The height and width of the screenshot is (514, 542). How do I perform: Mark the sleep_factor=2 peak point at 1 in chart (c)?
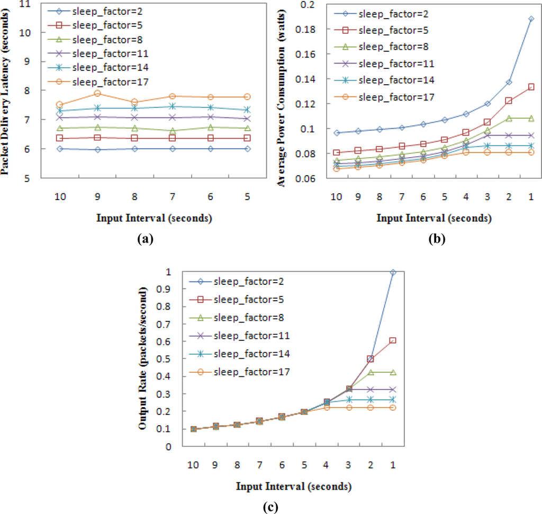pos(392,272)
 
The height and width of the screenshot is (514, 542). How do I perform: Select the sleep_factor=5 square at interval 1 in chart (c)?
pos(392,340)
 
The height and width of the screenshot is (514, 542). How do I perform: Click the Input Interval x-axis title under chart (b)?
pos(434,218)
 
